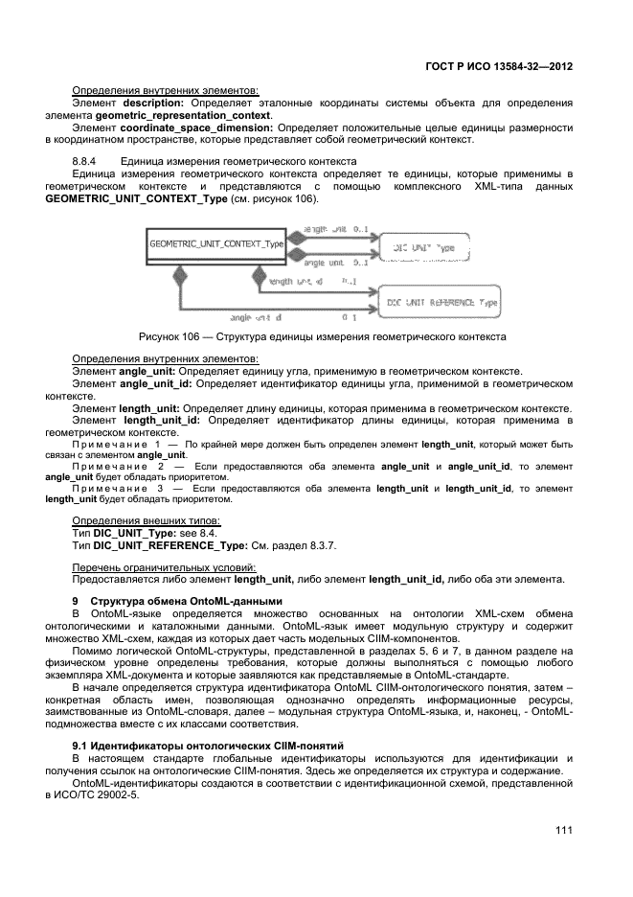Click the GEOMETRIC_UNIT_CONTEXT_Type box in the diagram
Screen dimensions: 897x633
click(217, 244)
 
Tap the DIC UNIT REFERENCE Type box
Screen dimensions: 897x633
click(441, 301)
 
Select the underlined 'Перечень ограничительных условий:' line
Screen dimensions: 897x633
click(158, 567)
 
